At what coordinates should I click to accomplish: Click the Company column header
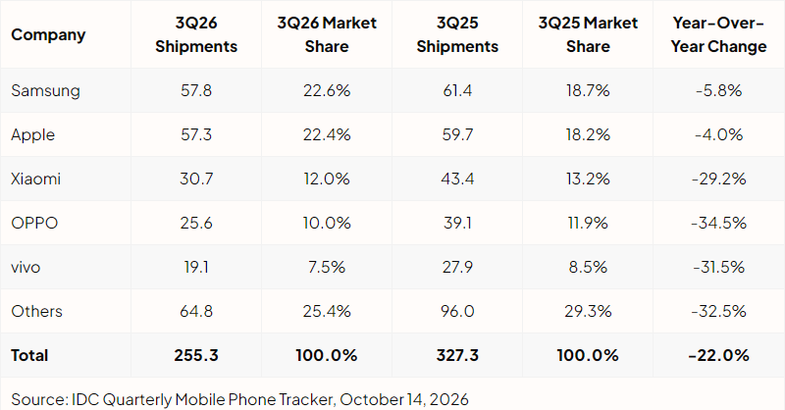click(x=48, y=34)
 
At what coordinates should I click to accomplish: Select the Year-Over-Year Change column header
click(x=718, y=34)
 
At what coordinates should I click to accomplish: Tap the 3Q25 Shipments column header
click(x=457, y=34)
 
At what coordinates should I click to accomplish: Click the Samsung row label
click(x=45, y=90)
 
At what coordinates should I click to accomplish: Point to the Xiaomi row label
click(x=35, y=179)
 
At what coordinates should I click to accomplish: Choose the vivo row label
click(x=26, y=267)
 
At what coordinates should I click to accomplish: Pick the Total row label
click(x=29, y=355)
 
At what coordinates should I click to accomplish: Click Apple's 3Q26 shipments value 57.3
click(x=196, y=134)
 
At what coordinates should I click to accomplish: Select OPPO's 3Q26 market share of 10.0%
click(x=327, y=223)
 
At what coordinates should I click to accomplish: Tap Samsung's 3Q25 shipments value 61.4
click(x=457, y=90)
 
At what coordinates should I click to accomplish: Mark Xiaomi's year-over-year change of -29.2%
click(x=718, y=179)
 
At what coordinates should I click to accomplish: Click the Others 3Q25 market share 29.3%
click(x=588, y=311)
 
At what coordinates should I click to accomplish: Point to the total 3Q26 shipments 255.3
click(x=196, y=355)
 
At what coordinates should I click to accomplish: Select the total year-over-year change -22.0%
click(x=718, y=355)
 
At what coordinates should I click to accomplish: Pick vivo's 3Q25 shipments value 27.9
click(x=457, y=267)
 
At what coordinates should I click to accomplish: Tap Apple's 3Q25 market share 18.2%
click(x=588, y=134)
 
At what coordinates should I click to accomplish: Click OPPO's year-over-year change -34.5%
click(x=718, y=223)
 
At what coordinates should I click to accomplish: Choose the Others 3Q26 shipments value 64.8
click(x=196, y=311)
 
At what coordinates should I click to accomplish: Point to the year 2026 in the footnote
click(x=448, y=399)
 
